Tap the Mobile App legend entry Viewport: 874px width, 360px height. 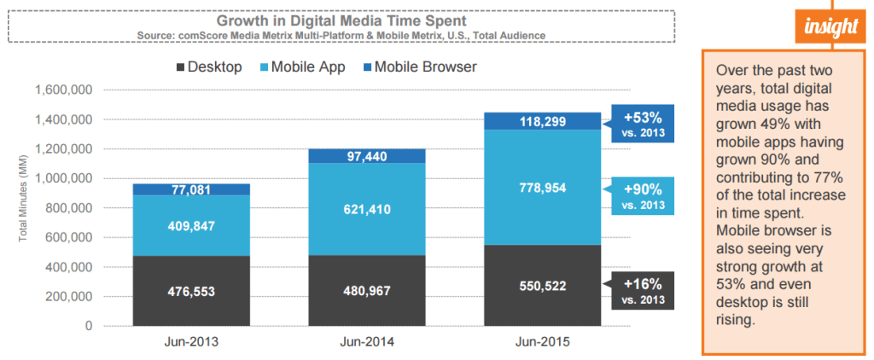pyautogui.click(x=303, y=67)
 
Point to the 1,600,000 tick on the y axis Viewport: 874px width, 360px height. pyautogui.click(x=62, y=90)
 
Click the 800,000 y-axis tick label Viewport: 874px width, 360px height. pyautogui.click(x=68, y=208)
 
